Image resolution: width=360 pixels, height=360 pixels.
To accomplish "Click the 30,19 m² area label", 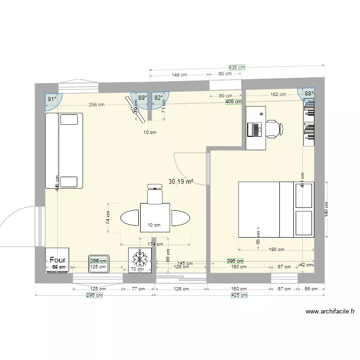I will click(x=181, y=181).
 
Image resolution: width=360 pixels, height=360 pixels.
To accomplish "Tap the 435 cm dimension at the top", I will click(x=236, y=68).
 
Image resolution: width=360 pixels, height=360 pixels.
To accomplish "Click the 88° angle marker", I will click(x=308, y=94).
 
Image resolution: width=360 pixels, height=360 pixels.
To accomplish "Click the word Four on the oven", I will click(x=57, y=260).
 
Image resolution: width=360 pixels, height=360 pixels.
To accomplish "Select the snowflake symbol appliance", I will click(x=140, y=260).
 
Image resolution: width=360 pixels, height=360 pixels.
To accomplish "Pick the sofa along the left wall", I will click(x=64, y=151).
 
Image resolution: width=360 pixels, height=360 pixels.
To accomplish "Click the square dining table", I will click(x=155, y=217).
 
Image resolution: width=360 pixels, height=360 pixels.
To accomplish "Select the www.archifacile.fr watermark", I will click(x=330, y=312).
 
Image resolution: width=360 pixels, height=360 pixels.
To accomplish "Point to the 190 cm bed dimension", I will click(x=276, y=250).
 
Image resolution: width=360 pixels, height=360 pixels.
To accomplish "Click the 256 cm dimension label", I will click(x=96, y=105).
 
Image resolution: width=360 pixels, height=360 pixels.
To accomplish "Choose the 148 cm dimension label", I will click(x=179, y=75).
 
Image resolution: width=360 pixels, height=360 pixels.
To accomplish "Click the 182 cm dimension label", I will click(x=278, y=95).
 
